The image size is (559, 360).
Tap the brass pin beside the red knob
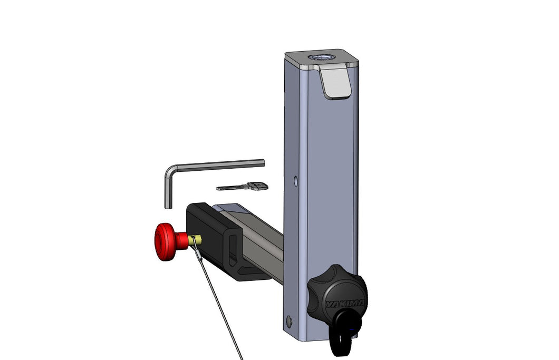click(195, 240)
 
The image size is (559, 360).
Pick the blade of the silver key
click(232, 188)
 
